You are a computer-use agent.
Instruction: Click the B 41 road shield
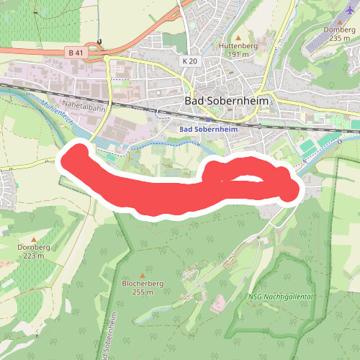tap(74, 53)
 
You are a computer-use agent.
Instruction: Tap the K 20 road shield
tap(190, 62)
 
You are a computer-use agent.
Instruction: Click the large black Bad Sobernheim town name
tap(227, 102)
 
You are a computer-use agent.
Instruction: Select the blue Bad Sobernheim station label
tap(207, 129)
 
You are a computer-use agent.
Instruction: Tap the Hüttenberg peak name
tap(238, 45)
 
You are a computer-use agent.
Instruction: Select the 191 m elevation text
tap(238, 54)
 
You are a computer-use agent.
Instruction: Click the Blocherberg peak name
tap(143, 284)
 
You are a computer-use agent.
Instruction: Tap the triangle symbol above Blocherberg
tap(143, 275)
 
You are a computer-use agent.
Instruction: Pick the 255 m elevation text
tap(143, 292)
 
